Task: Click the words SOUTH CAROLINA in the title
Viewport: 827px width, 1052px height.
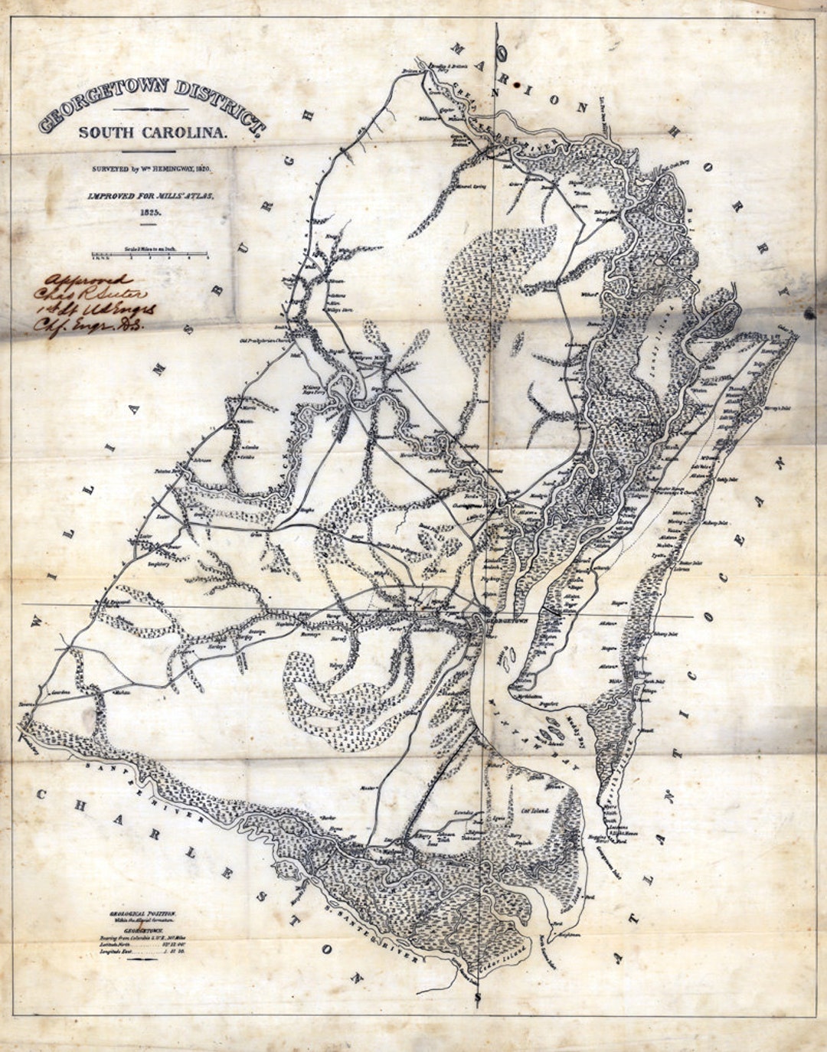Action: [153, 132]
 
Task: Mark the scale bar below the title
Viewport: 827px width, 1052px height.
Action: [150, 254]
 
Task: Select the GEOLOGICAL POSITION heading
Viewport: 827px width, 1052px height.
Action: [142, 914]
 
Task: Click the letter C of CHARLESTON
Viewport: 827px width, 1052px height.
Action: [41, 794]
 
